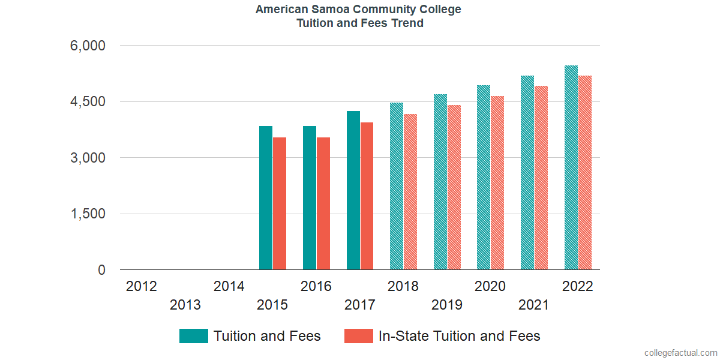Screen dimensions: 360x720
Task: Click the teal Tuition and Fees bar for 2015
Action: pyautogui.click(x=266, y=198)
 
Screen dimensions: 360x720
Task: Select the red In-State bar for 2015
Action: pyautogui.click(x=280, y=204)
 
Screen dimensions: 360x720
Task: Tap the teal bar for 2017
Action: pyautogui.click(x=353, y=191)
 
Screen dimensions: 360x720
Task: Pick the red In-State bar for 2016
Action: pyautogui.click(x=323, y=204)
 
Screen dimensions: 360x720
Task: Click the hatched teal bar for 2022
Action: pyautogui.click(x=571, y=168)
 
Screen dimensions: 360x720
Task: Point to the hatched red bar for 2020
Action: pyautogui.click(x=497, y=183)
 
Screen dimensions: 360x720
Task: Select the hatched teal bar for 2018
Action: pyautogui.click(x=397, y=187)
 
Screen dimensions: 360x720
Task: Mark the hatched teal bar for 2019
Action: pyautogui.click(x=440, y=182)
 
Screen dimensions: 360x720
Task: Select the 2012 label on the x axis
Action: pyautogui.click(x=142, y=286)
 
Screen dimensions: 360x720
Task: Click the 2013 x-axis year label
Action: pyautogui.click(x=185, y=305)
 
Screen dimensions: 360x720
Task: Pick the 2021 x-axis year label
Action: pyautogui.click(x=533, y=305)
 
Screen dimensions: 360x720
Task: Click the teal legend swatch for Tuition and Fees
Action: pyautogui.click(x=194, y=336)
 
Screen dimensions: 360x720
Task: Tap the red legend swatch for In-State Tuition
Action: pyautogui.click(x=359, y=336)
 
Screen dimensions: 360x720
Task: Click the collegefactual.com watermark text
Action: pyautogui.click(x=680, y=353)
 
